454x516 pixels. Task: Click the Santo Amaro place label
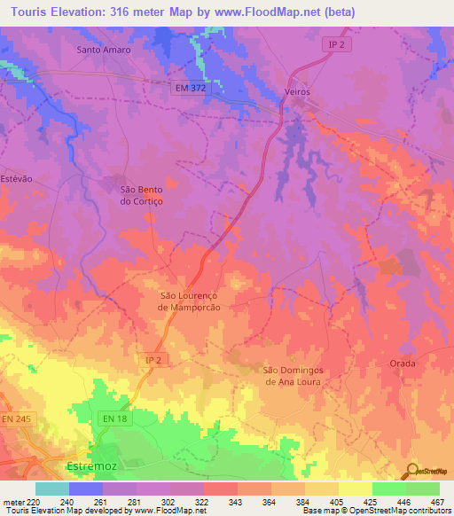[x=104, y=50]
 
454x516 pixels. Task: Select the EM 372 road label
[x=190, y=88]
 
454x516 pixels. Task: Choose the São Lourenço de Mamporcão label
[x=188, y=301]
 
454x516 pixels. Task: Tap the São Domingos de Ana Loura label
[x=291, y=376]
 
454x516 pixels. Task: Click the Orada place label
[x=403, y=364]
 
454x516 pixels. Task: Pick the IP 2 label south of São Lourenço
[x=153, y=359]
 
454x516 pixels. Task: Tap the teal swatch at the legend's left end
[x=52, y=489]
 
